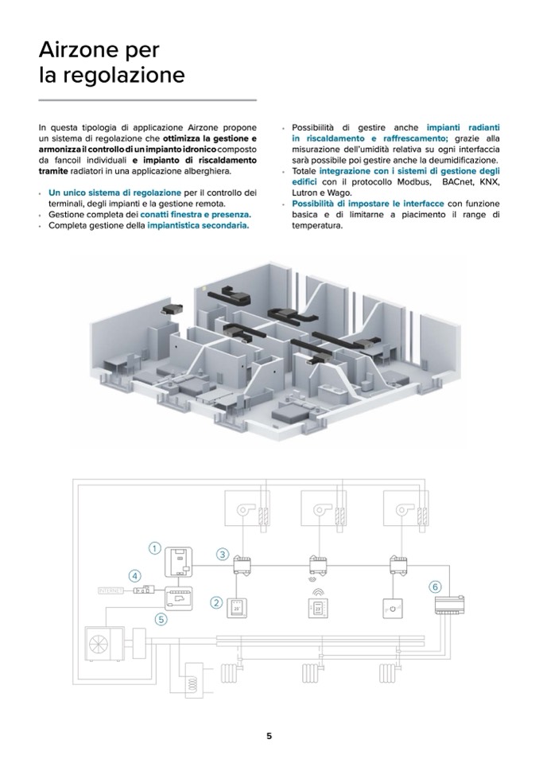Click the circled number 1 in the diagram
click(x=154, y=547)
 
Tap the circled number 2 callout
click(x=215, y=602)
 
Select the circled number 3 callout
click(x=223, y=554)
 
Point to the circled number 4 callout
click(x=135, y=575)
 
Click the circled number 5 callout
click(x=161, y=617)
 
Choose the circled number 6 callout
click(x=435, y=586)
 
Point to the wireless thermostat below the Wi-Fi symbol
click(x=317, y=609)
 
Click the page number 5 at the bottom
click(x=269, y=736)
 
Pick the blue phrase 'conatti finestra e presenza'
click(x=196, y=215)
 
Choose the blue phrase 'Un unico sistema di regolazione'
click(x=114, y=193)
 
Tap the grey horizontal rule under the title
click(x=147, y=100)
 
